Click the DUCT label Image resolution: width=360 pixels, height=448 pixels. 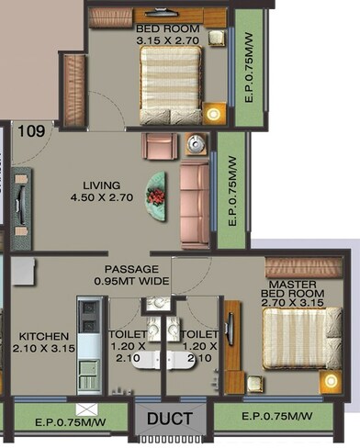pyautogui.click(x=171, y=420)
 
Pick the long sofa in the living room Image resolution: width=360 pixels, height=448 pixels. pyautogui.click(x=194, y=205)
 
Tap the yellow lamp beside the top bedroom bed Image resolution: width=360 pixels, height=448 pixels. pyautogui.click(x=215, y=115)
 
